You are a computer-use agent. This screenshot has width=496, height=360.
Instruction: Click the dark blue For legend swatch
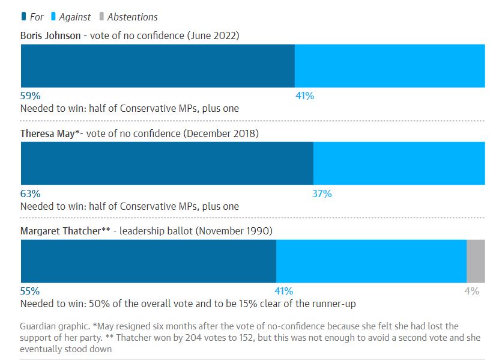pos(23,17)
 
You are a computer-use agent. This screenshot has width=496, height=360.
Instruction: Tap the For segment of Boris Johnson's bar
pos(157,66)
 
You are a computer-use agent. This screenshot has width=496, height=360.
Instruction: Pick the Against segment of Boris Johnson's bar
pos(390,66)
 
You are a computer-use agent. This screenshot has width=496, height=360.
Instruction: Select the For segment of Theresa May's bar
pos(167,163)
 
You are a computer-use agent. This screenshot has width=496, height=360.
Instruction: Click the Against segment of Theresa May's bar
pos(399,163)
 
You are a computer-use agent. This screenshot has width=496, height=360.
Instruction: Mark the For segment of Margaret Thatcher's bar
pos(148,261)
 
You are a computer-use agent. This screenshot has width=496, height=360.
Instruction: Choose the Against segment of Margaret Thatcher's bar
pos(371,261)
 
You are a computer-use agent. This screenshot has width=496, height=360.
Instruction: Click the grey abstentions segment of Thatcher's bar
pos(476,261)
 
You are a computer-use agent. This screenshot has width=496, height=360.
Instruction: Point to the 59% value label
pos(30,96)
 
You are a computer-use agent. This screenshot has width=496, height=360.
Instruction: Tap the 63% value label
pos(30,194)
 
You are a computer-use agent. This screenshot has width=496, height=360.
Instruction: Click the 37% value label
pos(322,194)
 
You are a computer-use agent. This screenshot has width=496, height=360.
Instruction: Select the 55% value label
pos(30,291)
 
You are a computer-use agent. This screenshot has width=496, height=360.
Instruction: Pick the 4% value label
pos(472,291)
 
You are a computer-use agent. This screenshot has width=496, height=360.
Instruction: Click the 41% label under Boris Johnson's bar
pos(304,96)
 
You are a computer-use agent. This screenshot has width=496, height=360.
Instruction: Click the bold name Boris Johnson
pos(50,35)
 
